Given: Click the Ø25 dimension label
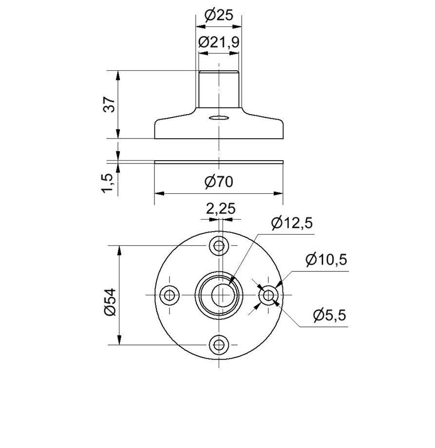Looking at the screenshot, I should (x=219, y=15).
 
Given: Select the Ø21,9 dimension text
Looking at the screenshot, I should (x=219, y=42).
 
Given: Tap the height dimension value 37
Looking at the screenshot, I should (x=110, y=104).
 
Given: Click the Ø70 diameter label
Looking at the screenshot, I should (x=219, y=182).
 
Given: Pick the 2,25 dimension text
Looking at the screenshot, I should (x=220, y=209).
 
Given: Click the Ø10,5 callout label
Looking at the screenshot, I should (x=326, y=260).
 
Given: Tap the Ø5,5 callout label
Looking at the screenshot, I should (x=329, y=315).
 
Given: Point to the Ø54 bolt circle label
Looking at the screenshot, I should (x=110, y=302).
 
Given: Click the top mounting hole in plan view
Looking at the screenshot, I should (x=219, y=245).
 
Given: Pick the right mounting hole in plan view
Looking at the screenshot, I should (x=269, y=295).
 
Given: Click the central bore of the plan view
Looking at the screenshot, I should (x=219, y=295).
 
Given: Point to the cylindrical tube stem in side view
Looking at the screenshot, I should (x=219, y=90).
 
